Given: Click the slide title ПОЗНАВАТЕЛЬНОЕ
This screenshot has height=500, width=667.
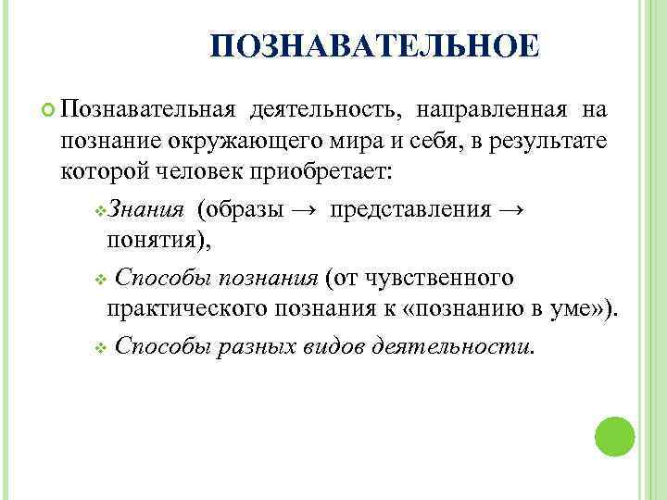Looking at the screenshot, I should point(373,47).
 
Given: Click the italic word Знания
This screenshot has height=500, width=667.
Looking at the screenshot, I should point(148,209).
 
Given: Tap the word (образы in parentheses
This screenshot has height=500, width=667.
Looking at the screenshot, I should point(240,209).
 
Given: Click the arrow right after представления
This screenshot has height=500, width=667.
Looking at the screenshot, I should point(511,209).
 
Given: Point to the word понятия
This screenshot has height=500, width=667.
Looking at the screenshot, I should point(157,240).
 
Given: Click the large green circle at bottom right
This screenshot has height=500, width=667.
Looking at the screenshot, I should point(614,436).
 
